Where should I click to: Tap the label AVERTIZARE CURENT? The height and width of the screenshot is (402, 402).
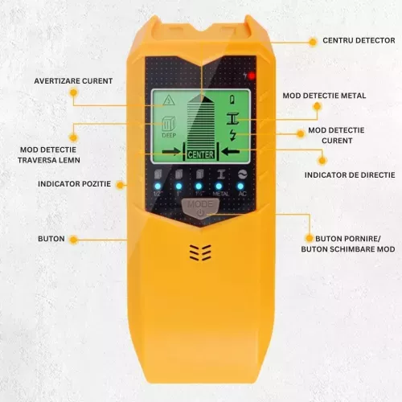[73, 80]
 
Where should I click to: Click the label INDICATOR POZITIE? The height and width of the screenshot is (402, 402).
[75, 184]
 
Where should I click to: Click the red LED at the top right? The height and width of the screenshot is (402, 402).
[251, 76]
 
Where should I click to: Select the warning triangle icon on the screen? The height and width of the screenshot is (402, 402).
[169, 100]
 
